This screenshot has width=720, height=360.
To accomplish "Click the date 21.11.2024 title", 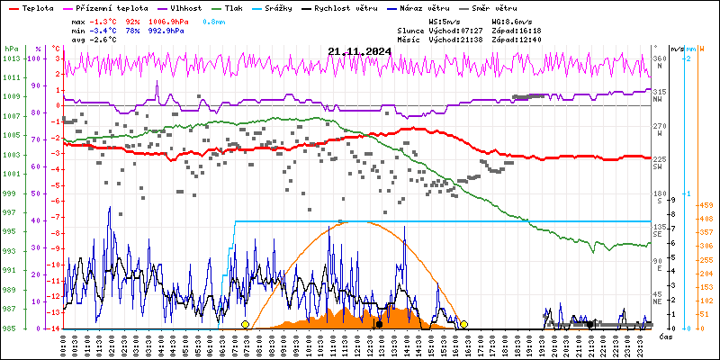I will (x=359, y=51).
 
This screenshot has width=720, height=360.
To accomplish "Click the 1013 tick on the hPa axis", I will (x=11, y=58).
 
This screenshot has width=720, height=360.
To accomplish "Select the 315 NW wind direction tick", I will (x=660, y=94).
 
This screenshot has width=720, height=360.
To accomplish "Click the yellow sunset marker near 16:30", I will (x=463, y=324).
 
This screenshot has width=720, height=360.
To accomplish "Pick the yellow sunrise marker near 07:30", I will (x=245, y=324).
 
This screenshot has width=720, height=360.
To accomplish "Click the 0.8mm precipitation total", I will (x=213, y=20).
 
